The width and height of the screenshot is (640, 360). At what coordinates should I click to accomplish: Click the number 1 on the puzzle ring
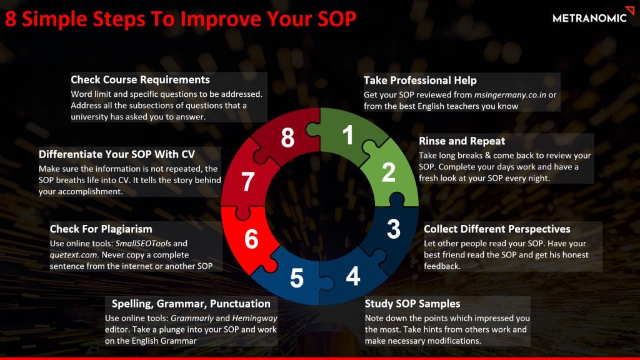pos(347,135)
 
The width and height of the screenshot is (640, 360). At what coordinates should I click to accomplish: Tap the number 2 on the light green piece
pos(389,172)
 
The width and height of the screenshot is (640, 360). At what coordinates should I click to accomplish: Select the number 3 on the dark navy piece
pos(394,229)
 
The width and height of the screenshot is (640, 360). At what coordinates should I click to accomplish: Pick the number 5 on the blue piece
pos(297,279)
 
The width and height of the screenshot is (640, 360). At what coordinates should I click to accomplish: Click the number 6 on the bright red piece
pos(251,239)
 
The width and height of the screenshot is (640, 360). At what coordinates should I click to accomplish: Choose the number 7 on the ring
pos(247,182)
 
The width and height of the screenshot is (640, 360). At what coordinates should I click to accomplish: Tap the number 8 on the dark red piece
pos(287,138)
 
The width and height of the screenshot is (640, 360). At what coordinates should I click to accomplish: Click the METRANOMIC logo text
pos(589,18)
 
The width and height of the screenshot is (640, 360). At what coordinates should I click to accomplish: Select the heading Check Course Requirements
pos(140,79)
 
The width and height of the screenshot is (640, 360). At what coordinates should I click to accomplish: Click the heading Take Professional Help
pos(420,81)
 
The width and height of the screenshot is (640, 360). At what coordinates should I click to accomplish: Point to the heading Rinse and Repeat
pos(462,141)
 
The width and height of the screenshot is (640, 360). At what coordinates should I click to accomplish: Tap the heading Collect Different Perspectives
pos(497,229)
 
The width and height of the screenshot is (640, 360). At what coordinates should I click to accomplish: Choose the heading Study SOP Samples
pos(412,304)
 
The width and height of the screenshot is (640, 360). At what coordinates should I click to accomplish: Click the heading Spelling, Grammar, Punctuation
pos(191,304)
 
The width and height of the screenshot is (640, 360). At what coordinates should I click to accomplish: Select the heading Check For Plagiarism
pos(101,229)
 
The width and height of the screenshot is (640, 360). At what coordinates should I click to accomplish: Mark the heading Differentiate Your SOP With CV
pos(117,154)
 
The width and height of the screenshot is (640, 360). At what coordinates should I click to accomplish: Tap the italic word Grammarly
pos(192,318)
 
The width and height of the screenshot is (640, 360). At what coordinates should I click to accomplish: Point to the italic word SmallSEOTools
pos(143,243)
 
